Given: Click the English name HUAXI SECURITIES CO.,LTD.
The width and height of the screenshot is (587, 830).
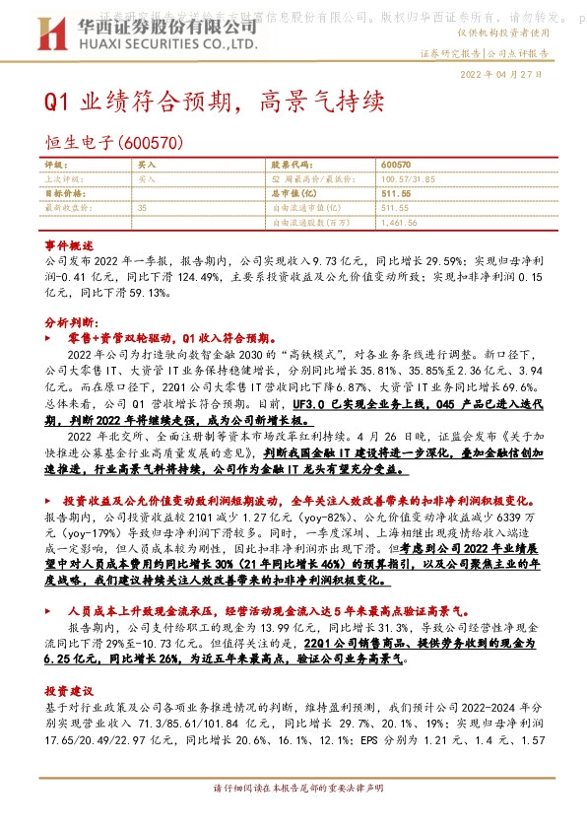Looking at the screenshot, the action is click(168, 46).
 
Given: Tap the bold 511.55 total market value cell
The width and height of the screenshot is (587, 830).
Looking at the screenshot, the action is click(395, 194).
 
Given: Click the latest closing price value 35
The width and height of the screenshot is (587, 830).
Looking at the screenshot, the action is click(143, 208).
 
